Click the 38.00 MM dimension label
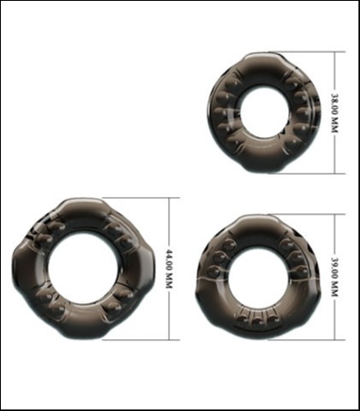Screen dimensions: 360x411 click(334, 113)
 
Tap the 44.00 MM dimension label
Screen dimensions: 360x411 click(170, 269)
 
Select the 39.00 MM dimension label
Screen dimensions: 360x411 click(334, 277)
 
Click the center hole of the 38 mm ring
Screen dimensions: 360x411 click(264, 113)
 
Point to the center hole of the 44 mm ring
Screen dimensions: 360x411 click(84, 269)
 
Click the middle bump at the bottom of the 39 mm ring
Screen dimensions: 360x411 click(258, 322)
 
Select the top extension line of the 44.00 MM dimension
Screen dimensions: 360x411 click(141, 198)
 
